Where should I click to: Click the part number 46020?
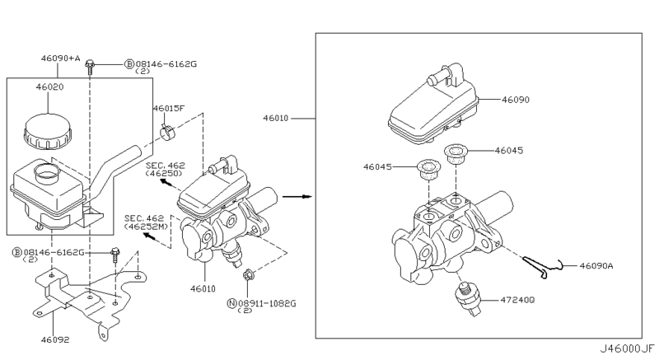(x=49, y=87)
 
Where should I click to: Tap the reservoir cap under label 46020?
(x=48, y=131)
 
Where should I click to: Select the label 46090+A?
(x=60, y=58)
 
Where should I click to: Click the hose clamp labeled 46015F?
(x=169, y=133)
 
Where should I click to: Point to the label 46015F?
(x=169, y=109)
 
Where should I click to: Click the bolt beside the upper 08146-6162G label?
(x=90, y=68)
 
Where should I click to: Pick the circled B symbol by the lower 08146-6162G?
(x=16, y=252)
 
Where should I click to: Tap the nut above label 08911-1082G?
(x=248, y=276)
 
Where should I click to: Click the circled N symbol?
(x=231, y=303)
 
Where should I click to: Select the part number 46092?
(x=55, y=339)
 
